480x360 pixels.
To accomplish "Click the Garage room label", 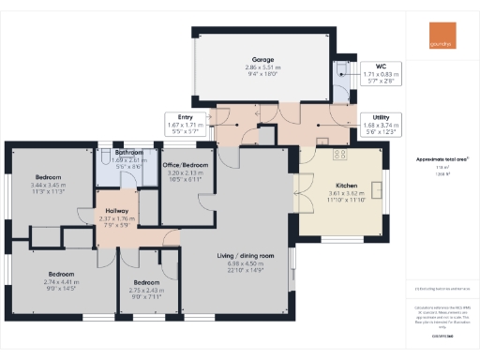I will tap(262, 59).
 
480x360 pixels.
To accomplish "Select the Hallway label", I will tap(117, 211).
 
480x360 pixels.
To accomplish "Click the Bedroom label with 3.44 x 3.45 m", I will tap(49, 176).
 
